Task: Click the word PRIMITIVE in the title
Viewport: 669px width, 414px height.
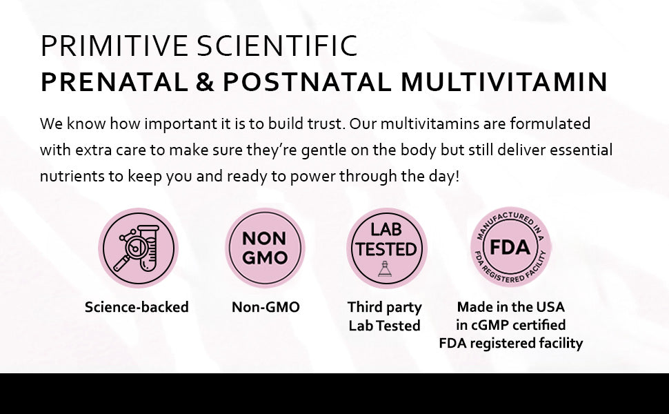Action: pos(114,46)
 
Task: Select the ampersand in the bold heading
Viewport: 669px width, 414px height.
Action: pos(204,82)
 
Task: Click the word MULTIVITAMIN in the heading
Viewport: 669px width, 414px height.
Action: pos(504,82)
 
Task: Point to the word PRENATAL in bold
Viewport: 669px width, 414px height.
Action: pos(113,82)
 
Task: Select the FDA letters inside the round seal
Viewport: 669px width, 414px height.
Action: pos(510,247)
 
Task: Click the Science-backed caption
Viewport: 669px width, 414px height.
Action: pos(137,307)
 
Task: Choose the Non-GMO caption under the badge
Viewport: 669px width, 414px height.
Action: pos(266,307)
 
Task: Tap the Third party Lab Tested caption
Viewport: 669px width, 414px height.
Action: pos(384,316)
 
